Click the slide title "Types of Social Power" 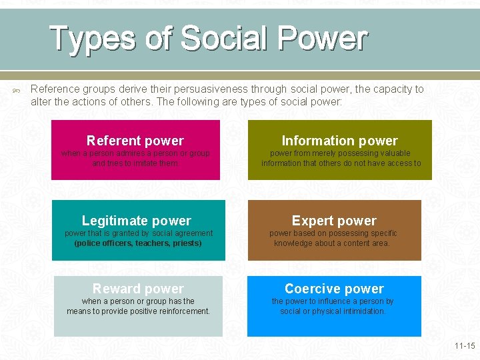click(208, 39)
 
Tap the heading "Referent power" click(135, 141)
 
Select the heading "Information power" click(339, 141)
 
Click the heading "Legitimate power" click(136, 221)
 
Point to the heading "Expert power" click(334, 221)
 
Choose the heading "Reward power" click(138, 289)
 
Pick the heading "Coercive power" click(334, 289)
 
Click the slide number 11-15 click(464, 346)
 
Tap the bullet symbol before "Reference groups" click(17, 89)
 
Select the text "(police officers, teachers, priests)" click(138, 243)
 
